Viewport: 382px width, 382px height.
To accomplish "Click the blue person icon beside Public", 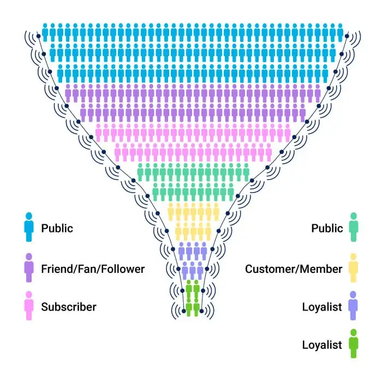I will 28,227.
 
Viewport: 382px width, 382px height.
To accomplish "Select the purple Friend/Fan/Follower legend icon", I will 28,268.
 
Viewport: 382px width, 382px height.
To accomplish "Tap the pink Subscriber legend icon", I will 28,306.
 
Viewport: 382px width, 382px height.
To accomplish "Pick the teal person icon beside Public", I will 353,227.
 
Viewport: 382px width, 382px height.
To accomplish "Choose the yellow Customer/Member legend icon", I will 353,268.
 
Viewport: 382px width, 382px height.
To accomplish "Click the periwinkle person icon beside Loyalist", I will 353,306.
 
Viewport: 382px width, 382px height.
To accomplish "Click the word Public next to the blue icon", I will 57,228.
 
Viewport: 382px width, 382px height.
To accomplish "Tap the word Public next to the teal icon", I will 327,228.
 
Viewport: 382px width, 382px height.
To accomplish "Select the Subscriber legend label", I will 68,307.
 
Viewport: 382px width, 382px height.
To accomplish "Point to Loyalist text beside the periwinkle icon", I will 322,307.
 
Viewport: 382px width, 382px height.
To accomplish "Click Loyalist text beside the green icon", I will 322,345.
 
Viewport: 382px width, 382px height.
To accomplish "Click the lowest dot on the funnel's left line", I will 181,311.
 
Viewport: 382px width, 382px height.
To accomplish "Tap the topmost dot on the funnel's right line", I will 348,37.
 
